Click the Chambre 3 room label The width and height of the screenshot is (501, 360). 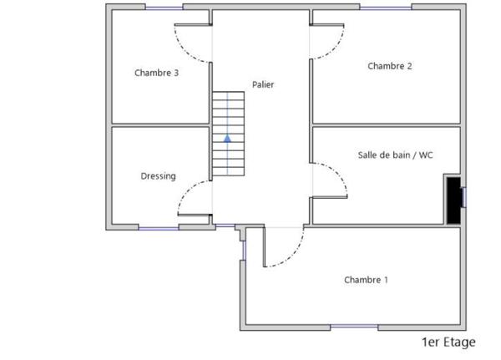click(156, 73)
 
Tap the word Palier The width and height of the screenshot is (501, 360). click(263, 84)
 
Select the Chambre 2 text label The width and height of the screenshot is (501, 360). click(390, 66)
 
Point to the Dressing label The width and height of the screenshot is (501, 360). click(158, 176)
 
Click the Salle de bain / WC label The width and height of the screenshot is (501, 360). click(395, 155)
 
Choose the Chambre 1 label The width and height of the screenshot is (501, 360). click(366, 280)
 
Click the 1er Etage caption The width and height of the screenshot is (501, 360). click(448, 342)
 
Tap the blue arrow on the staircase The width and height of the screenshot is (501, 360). click(227, 137)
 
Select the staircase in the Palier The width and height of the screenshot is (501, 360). click(228, 134)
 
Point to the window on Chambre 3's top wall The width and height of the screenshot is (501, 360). click(164, 7)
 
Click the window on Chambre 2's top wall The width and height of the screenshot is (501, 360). click(385, 7)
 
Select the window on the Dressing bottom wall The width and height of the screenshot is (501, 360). click(159, 227)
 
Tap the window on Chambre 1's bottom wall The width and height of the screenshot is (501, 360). click(353, 326)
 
